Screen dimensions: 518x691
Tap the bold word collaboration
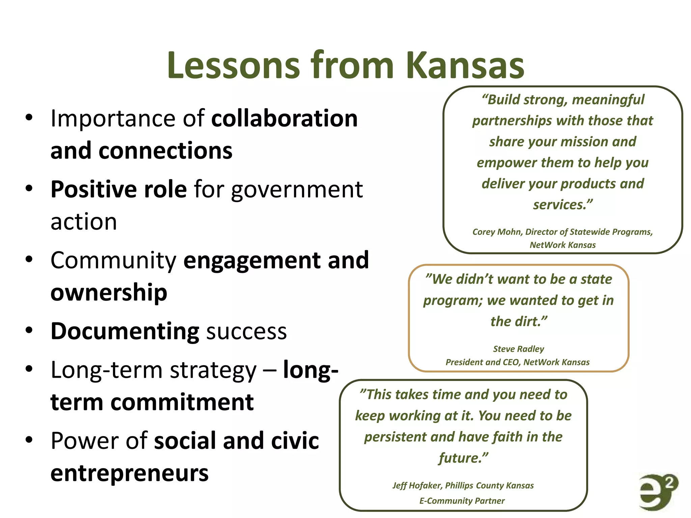(284, 119)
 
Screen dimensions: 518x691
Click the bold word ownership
(109, 292)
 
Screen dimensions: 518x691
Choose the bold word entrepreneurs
(130, 473)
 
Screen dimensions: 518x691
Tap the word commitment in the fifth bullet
(182, 402)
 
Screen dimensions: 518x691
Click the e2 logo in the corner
(658, 492)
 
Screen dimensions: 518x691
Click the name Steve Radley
(519, 349)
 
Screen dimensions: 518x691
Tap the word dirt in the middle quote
(528, 321)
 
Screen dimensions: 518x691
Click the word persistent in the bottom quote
(395, 437)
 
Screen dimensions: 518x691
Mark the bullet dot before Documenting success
(29, 330)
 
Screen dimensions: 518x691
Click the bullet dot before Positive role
(29, 189)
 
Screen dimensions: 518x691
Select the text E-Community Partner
(462, 501)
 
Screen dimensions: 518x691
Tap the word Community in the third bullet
(113, 261)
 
